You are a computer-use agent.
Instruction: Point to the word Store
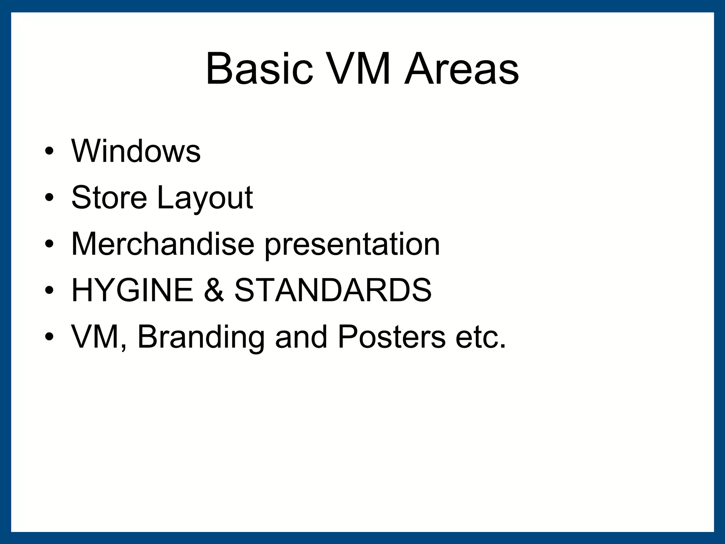(109, 197)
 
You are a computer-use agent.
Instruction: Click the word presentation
(352, 245)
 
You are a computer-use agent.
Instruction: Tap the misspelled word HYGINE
(132, 290)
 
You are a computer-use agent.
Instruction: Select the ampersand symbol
(214, 290)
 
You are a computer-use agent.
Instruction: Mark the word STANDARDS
(333, 290)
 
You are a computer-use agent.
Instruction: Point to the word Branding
(201, 339)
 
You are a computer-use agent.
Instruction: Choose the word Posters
(391, 337)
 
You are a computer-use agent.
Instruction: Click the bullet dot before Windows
(49, 152)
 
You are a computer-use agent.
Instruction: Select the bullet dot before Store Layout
(49, 198)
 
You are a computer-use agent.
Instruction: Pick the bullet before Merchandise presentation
(49, 244)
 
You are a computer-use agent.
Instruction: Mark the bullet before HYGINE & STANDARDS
(49, 291)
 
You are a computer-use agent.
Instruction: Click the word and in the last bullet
(301, 337)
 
